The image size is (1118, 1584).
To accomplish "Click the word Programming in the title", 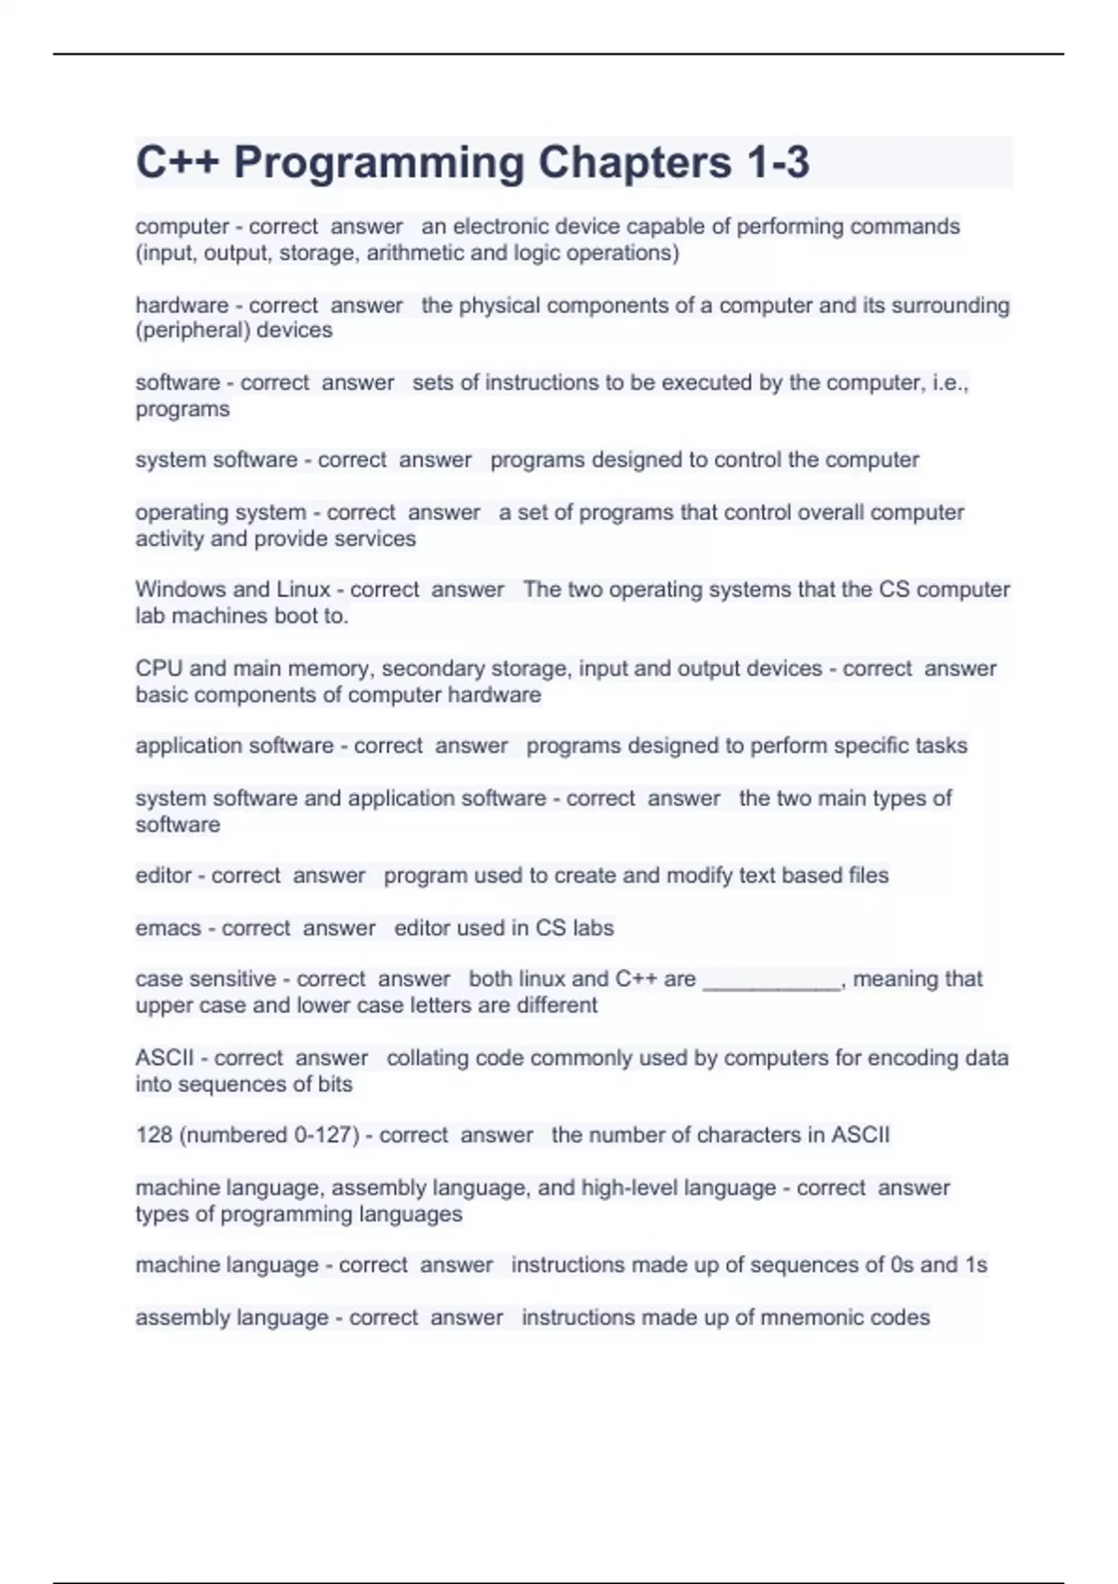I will (x=378, y=162).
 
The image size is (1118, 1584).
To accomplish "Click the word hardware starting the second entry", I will (x=182, y=306).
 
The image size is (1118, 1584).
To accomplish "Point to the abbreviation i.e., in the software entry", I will (x=950, y=383).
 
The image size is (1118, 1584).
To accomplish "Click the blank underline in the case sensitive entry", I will (x=772, y=980).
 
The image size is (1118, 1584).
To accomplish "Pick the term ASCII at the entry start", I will (x=165, y=1058).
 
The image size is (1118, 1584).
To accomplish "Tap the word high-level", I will (x=629, y=1188).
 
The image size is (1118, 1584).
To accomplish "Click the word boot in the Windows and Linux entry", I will (x=295, y=616).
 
